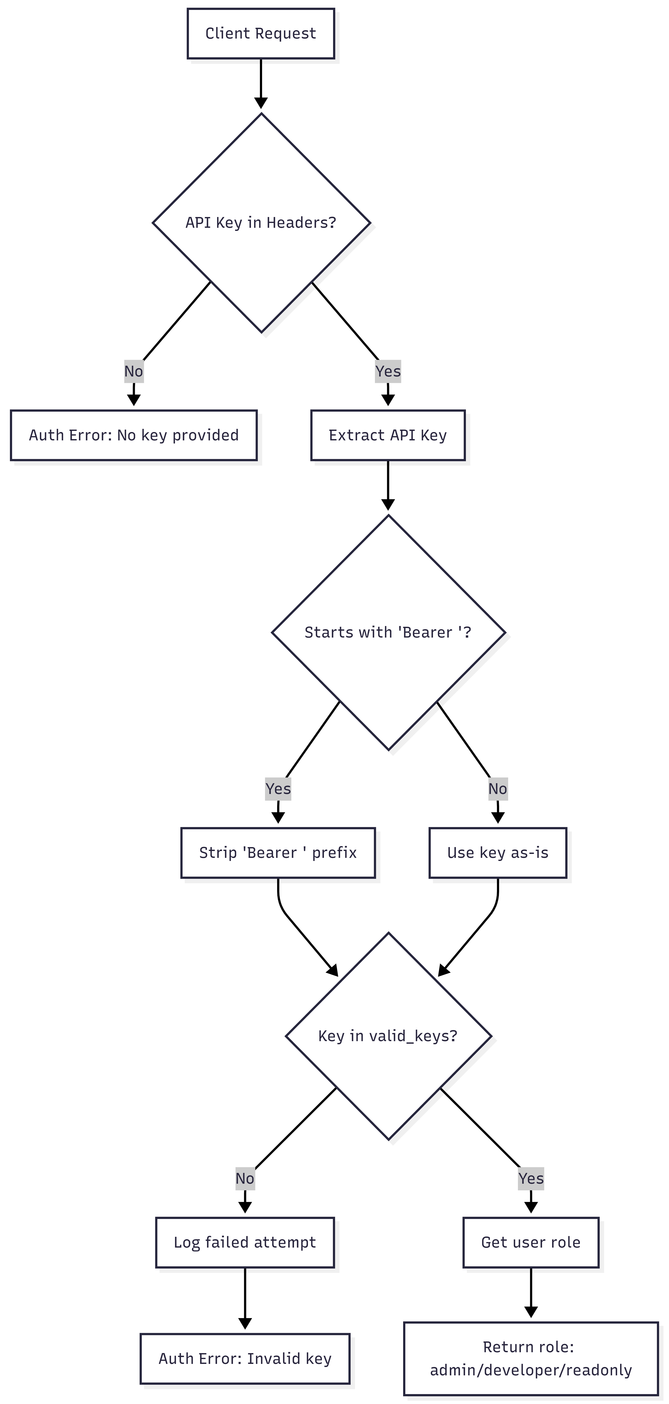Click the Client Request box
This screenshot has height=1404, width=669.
[260, 33]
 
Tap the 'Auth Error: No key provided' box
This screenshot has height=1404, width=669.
[133, 435]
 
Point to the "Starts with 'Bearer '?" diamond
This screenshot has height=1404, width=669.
[388, 632]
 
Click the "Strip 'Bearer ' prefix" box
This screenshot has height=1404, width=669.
[278, 852]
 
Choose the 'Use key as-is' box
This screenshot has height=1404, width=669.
[497, 852]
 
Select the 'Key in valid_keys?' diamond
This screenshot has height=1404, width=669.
[388, 1036]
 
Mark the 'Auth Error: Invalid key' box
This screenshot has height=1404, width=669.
[245, 1358]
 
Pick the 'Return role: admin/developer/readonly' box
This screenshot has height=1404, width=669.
[531, 1358]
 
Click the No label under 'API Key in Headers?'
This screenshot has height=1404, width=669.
[133, 371]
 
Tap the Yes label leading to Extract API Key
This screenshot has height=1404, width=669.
[388, 371]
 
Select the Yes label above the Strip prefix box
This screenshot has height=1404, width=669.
[278, 789]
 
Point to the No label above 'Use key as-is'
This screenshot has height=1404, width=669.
[497, 789]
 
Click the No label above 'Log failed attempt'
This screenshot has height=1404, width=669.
[245, 1178]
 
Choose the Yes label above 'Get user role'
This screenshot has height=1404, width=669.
[531, 1178]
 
